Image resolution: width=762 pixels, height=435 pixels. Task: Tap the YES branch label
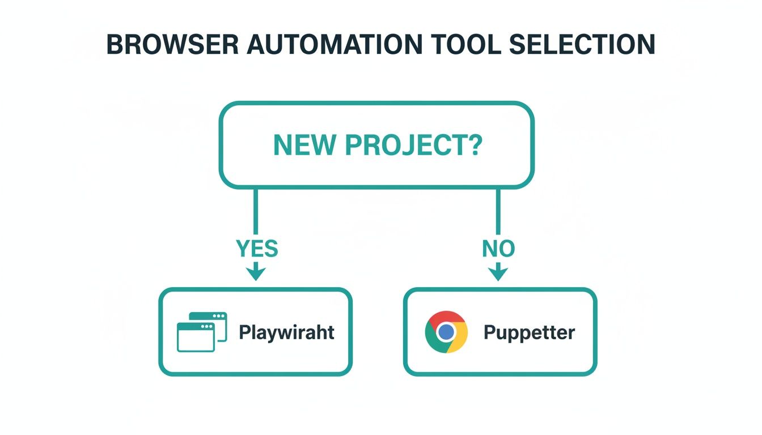tap(257, 248)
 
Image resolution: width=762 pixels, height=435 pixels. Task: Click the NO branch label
tap(498, 248)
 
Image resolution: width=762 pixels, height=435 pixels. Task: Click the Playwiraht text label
tap(286, 332)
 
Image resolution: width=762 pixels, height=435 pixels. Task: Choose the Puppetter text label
tap(529, 332)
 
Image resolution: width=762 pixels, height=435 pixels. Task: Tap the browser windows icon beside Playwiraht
tap(201, 332)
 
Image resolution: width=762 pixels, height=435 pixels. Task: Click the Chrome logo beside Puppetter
tap(446, 332)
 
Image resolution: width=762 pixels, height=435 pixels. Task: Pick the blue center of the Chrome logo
tap(446, 332)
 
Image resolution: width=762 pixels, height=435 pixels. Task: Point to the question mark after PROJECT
tap(476, 145)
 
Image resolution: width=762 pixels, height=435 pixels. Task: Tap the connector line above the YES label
tap(256, 212)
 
